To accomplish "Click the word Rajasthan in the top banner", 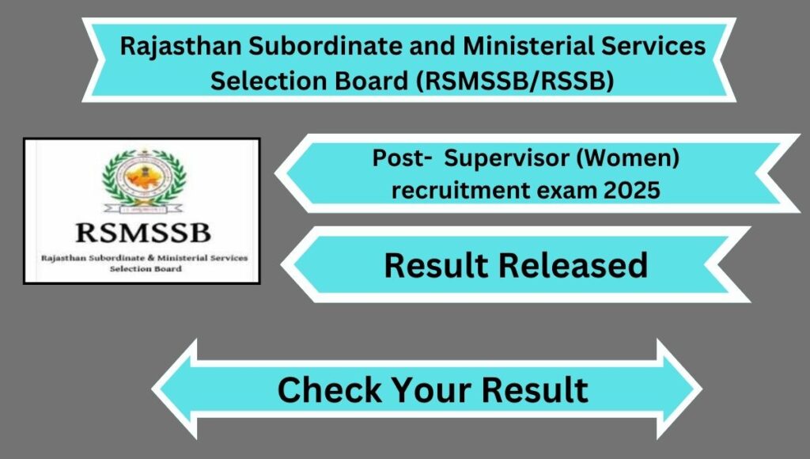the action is click(181, 47).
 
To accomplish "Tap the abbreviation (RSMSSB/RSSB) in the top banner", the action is click(515, 82).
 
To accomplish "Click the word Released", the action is click(573, 265).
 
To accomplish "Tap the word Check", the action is click(330, 389).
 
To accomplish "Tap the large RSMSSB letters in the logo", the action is click(143, 233).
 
